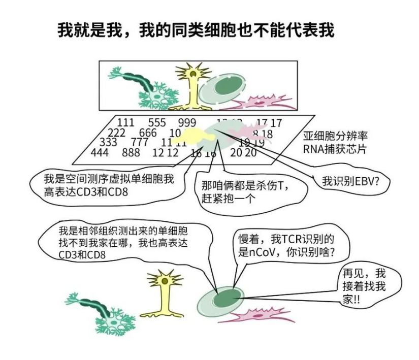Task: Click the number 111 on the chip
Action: coord(126,122)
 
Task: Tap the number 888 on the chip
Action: coord(131,152)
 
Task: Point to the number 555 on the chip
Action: coord(157,122)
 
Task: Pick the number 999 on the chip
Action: coord(187,122)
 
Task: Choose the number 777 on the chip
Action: coord(140,142)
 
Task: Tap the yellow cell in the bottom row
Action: coord(164,292)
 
